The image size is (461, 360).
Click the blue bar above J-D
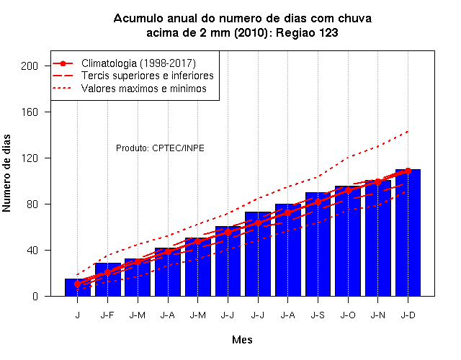coord(408,233)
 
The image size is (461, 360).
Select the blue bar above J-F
coord(107,279)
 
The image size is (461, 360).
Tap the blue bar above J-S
coord(318,244)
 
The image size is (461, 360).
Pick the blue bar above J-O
coord(348,241)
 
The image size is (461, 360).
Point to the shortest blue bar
coord(78,287)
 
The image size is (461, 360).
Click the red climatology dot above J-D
coord(408,171)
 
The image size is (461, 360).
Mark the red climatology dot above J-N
coord(377,182)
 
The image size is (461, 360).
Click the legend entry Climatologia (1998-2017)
coord(138,63)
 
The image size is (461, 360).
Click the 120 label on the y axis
coord(30,158)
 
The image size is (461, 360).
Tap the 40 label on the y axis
coord(32,250)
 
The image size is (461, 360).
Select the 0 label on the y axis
coord(35,296)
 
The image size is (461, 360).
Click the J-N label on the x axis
coord(377,315)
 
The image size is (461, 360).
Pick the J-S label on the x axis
coord(318,315)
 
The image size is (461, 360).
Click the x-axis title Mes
coord(242,340)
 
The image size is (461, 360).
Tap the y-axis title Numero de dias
coord(6,173)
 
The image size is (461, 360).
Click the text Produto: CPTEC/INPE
coord(160,148)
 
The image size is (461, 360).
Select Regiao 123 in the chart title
coord(307,32)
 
